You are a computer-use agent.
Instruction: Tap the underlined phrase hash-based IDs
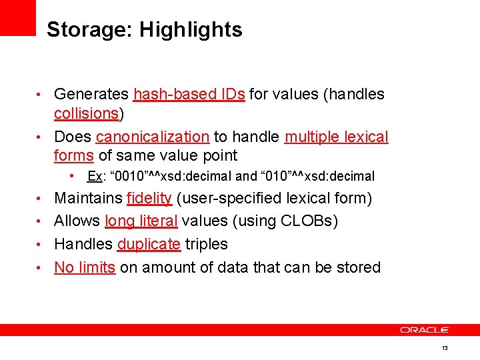189,94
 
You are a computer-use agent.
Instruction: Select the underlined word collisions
86,113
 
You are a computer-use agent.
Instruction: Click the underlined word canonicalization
153,137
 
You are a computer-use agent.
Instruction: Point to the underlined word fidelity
149,198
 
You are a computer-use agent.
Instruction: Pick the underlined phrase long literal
141,221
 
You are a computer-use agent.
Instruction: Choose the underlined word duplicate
149,244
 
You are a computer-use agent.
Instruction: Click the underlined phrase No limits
85,267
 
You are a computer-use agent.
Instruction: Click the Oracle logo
425,329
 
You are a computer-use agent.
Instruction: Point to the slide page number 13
445,349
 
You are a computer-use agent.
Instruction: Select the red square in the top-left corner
17,17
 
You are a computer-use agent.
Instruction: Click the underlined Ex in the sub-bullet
95,177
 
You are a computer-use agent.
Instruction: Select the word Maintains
87,198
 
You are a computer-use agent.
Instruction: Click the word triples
207,244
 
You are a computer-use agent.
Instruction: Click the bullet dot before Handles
41,245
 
